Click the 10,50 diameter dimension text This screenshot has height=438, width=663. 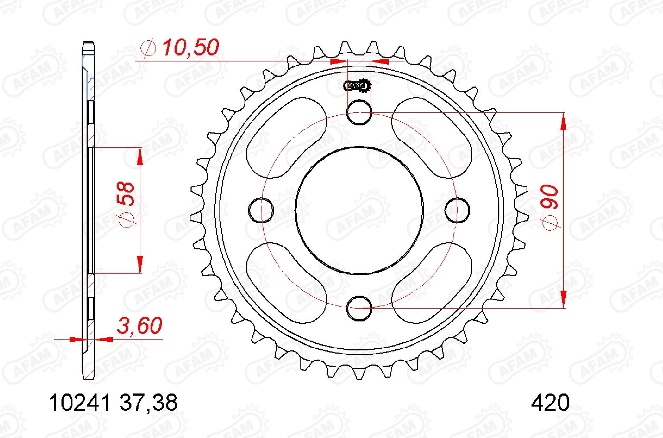(x=190, y=48)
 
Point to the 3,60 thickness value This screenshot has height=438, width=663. (x=140, y=326)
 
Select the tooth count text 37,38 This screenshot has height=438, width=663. (x=148, y=403)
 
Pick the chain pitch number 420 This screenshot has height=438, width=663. (x=550, y=403)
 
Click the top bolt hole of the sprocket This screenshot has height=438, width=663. (x=359, y=113)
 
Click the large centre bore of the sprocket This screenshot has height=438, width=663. (x=359, y=210)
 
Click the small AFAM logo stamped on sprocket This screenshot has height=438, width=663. (x=357, y=85)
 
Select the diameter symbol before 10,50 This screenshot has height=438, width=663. (x=148, y=48)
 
